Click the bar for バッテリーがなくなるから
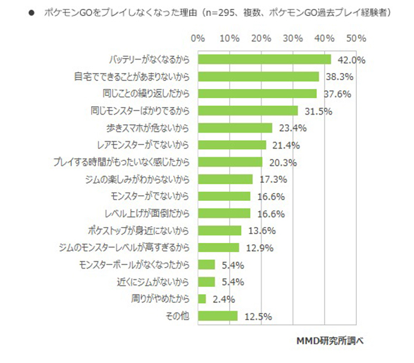pos(264,59)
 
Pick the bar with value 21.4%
pos(231,145)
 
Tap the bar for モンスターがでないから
pos(224,197)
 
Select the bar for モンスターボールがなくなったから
pos(206,265)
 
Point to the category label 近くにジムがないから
pos(152,282)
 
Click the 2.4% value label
pos(221,299)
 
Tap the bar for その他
pos(217,316)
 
